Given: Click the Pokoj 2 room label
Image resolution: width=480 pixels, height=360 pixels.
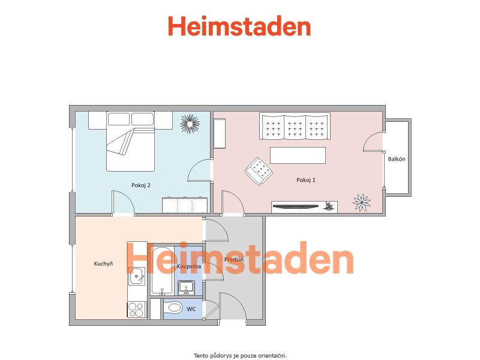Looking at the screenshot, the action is click(x=141, y=185).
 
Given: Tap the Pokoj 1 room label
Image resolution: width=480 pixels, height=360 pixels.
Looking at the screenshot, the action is click(x=306, y=180).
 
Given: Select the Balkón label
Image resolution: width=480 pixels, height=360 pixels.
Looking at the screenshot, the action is click(x=397, y=159).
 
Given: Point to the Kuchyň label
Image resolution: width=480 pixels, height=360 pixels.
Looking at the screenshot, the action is click(x=103, y=263).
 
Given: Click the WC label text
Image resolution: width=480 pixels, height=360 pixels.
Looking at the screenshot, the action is click(x=191, y=309).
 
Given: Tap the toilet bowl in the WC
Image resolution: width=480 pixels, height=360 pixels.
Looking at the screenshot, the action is click(x=173, y=308).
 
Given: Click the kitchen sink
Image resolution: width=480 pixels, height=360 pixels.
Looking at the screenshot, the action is click(x=137, y=276).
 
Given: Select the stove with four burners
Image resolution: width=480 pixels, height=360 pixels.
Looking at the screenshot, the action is click(x=137, y=310).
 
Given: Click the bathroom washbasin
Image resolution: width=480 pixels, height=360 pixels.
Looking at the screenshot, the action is click(x=186, y=287).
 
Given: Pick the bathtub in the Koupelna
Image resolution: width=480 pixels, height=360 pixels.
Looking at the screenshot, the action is click(x=162, y=271).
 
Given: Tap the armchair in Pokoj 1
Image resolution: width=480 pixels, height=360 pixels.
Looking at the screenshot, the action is click(x=259, y=171).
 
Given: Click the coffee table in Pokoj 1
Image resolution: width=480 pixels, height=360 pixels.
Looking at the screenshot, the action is click(x=298, y=155).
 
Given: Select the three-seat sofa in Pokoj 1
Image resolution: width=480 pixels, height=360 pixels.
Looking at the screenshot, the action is click(x=295, y=126).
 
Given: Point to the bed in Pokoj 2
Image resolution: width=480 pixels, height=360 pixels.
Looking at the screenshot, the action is click(x=130, y=142).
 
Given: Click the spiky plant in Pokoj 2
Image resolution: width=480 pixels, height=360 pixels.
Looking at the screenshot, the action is click(x=190, y=124).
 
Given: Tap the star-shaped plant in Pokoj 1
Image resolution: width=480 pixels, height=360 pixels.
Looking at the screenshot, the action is click(x=362, y=202).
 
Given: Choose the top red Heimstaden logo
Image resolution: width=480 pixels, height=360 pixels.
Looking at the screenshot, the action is click(x=239, y=26).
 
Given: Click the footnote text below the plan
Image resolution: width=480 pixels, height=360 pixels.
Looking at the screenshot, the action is click(x=240, y=356).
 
